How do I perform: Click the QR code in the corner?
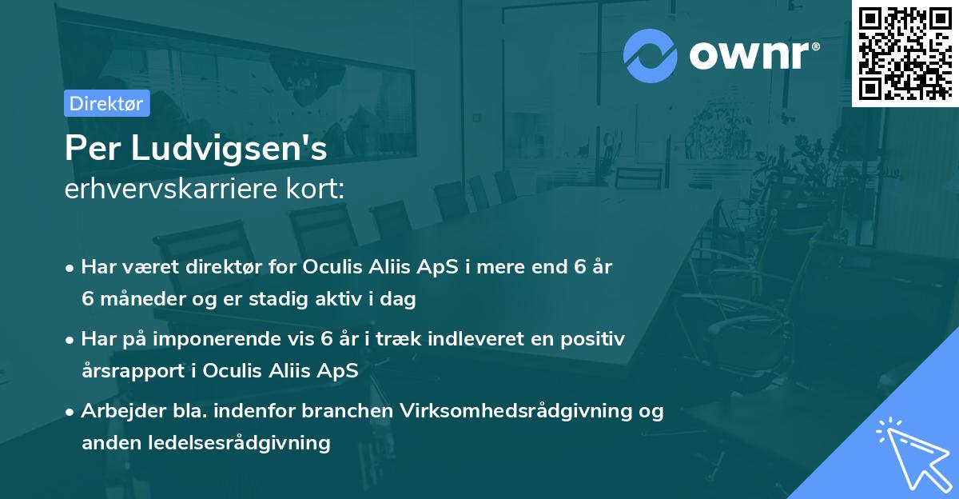(x=905, y=53)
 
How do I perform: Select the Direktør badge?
(x=105, y=103)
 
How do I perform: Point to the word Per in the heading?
(x=89, y=149)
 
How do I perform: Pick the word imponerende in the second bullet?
(x=232, y=339)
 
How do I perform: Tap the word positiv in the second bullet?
(x=594, y=339)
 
